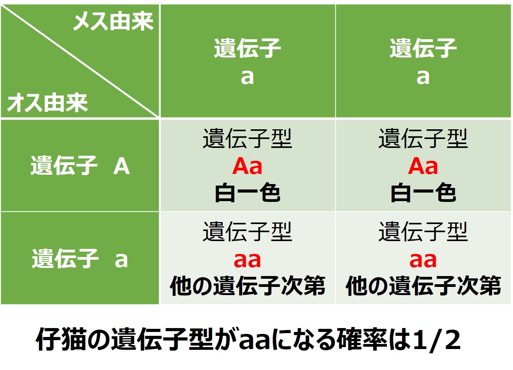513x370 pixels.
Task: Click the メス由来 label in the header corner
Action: coord(113,21)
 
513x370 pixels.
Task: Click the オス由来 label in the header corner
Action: coord(48,103)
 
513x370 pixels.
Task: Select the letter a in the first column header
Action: coord(247,77)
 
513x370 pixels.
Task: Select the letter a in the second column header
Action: coord(423,77)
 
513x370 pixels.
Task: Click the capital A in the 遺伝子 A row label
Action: coord(121,166)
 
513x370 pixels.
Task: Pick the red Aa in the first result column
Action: coord(247,166)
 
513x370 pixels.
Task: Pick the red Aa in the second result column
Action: coord(423,166)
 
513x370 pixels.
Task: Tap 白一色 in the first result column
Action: coord(247,193)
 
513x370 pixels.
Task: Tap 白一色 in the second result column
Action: coord(423,193)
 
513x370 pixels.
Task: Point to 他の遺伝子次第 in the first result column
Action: coord(247,286)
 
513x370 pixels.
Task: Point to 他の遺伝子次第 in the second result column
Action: coord(423,286)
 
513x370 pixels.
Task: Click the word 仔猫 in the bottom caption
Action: coord(61,339)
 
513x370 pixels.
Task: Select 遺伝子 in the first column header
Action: coord(247,48)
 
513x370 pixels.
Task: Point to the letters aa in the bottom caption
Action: coord(255,341)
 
